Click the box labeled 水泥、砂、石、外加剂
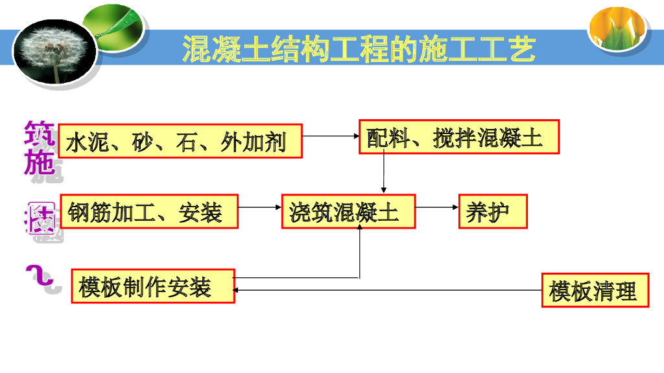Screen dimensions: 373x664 180,141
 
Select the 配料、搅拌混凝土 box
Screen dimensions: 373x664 459,137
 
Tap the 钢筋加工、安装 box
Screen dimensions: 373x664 149,211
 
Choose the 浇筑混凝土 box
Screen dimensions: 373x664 348,211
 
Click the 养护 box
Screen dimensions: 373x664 493,211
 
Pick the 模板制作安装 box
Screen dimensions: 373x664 153,286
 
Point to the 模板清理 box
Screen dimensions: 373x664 595,290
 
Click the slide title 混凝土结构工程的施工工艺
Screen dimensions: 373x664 359,50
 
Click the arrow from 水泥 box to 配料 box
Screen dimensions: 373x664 331,136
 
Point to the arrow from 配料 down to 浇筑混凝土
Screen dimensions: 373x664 384,174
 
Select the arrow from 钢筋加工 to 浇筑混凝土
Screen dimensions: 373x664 260,207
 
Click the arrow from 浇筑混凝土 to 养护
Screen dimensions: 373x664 437,207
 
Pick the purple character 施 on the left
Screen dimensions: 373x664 40,162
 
